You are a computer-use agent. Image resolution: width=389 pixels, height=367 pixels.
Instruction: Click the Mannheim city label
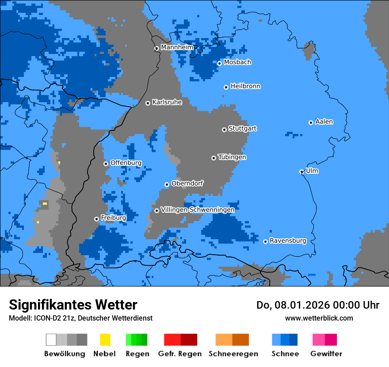(x=177, y=47)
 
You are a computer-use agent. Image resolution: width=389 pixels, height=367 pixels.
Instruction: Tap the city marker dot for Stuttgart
(x=224, y=130)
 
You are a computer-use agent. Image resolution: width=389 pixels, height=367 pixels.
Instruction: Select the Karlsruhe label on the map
(x=167, y=102)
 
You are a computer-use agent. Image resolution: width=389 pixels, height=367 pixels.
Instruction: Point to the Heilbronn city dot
(x=226, y=87)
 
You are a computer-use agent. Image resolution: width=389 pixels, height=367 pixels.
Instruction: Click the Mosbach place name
(x=237, y=62)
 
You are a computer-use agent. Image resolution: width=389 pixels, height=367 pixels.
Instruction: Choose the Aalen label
(x=324, y=122)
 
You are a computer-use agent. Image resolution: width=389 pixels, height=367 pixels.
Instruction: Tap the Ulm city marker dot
(x=301, y=172)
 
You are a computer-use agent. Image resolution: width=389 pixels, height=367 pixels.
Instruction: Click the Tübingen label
(x=232, y=157)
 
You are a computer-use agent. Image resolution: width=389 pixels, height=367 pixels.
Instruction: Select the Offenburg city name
(x=126, y=163)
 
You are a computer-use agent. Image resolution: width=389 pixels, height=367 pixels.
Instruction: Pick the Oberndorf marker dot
(x=167, y=184)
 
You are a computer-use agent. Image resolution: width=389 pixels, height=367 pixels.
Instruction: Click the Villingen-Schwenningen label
(x=198, y=210)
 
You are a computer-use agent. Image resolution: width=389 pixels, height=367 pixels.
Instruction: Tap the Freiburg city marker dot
(x=96, y=219)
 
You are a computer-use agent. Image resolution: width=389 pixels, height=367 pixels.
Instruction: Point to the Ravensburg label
(x=288, y=241)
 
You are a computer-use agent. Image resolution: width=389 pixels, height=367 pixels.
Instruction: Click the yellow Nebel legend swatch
(x=105, y=340)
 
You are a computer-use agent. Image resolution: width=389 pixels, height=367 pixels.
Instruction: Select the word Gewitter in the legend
(x=326, y=354)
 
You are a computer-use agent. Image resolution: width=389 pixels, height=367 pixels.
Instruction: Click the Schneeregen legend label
(x=233, y=354)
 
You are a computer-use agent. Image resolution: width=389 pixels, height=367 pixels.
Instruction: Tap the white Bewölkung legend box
(x=51, y=340)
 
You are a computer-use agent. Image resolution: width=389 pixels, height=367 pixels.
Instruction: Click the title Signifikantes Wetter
(x=73, y=305)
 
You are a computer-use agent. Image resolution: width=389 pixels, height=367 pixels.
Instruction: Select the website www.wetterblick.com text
(x=319, y=318)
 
